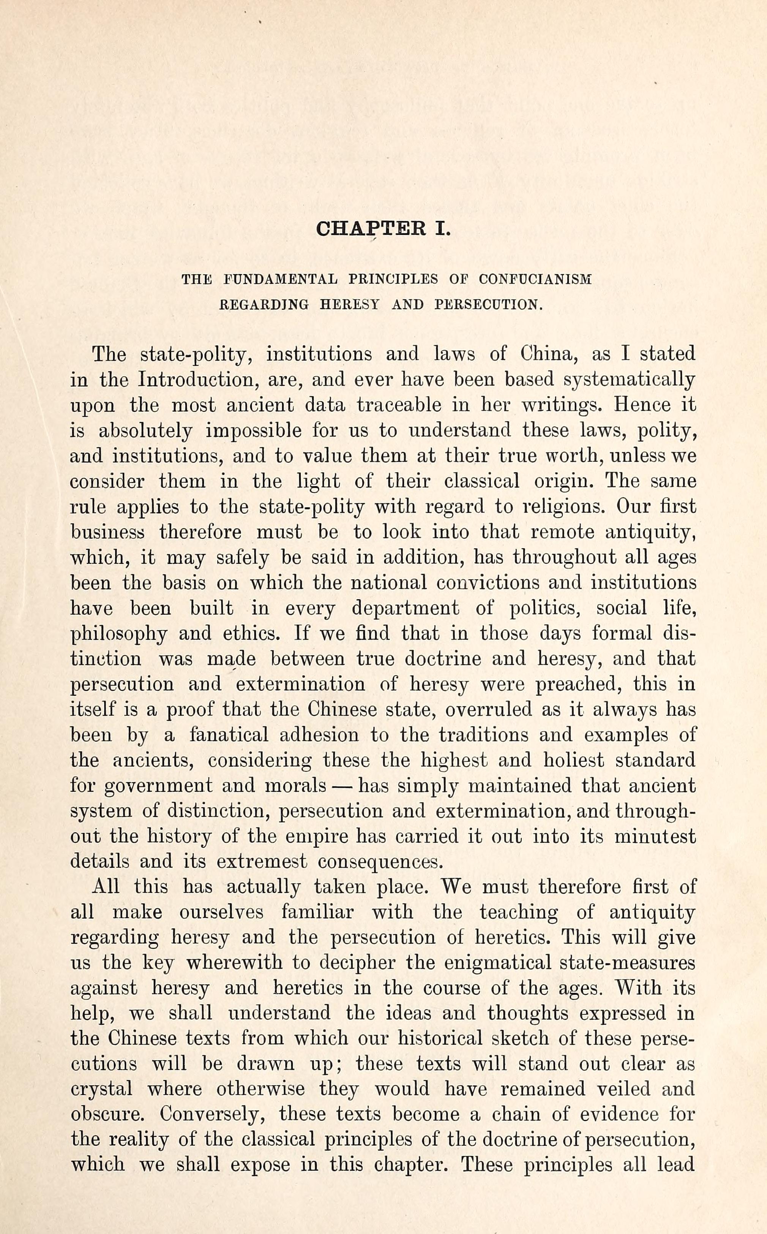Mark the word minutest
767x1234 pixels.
pos(655,837)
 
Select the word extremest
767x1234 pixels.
pos(262,862)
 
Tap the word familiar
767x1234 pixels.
pos(317,913)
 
